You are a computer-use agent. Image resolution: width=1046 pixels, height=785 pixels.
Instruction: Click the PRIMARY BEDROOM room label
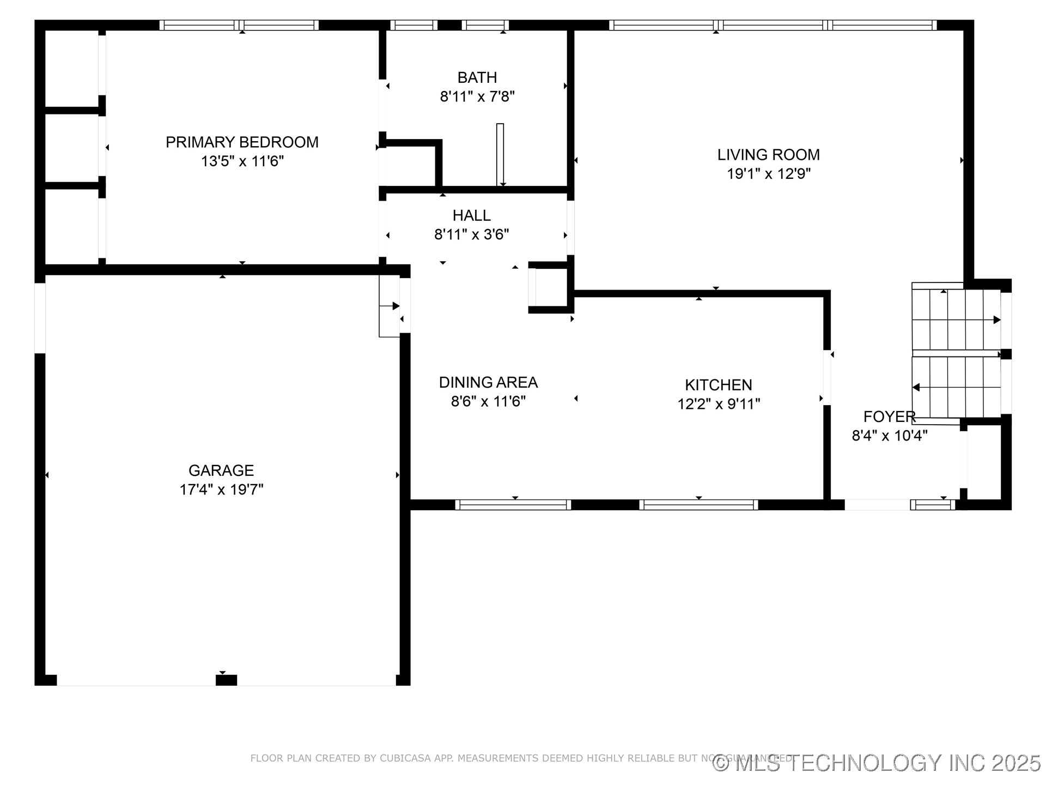[x=242, y=142]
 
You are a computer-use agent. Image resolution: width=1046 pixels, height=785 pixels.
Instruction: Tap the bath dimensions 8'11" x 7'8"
[x=477, y=96]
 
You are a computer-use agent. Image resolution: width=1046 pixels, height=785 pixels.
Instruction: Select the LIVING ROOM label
[x=768, y=155]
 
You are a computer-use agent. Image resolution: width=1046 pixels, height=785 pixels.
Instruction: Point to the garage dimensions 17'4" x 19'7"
[x=221, y=490]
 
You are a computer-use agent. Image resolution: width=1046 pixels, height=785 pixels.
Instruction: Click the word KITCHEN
[x=718, y=385]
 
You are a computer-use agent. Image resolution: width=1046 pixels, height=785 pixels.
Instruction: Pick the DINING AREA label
[x=488, y=382]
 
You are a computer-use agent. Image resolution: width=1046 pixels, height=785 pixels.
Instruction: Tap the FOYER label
[x=889, y=416]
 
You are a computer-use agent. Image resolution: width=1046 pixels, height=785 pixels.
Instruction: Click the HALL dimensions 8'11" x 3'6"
[x=471, y=234]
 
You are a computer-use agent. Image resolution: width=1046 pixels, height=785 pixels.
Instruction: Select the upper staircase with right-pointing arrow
[x=956, y=319]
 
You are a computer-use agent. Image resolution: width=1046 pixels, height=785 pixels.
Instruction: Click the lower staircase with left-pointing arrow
[x=956, y=387]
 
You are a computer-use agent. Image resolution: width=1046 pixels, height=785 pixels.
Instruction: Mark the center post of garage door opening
[x=226, y=680]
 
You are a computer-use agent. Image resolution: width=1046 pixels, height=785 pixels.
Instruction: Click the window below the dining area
[x=513, y=505]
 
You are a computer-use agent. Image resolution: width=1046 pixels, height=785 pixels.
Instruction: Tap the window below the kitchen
[x=698, y=505]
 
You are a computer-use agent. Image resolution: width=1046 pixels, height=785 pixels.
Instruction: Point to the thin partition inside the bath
[x=500, y=155]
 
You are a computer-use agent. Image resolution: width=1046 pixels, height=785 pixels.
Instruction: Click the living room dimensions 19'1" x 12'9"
[x=768, y=174]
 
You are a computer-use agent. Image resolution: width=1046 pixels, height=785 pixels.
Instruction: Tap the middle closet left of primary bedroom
[x=71, y=148]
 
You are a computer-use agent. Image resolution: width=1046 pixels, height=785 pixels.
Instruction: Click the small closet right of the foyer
[x=984, y=461]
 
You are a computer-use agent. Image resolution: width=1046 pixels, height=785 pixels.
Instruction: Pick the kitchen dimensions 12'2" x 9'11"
[x=718, y=404]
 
